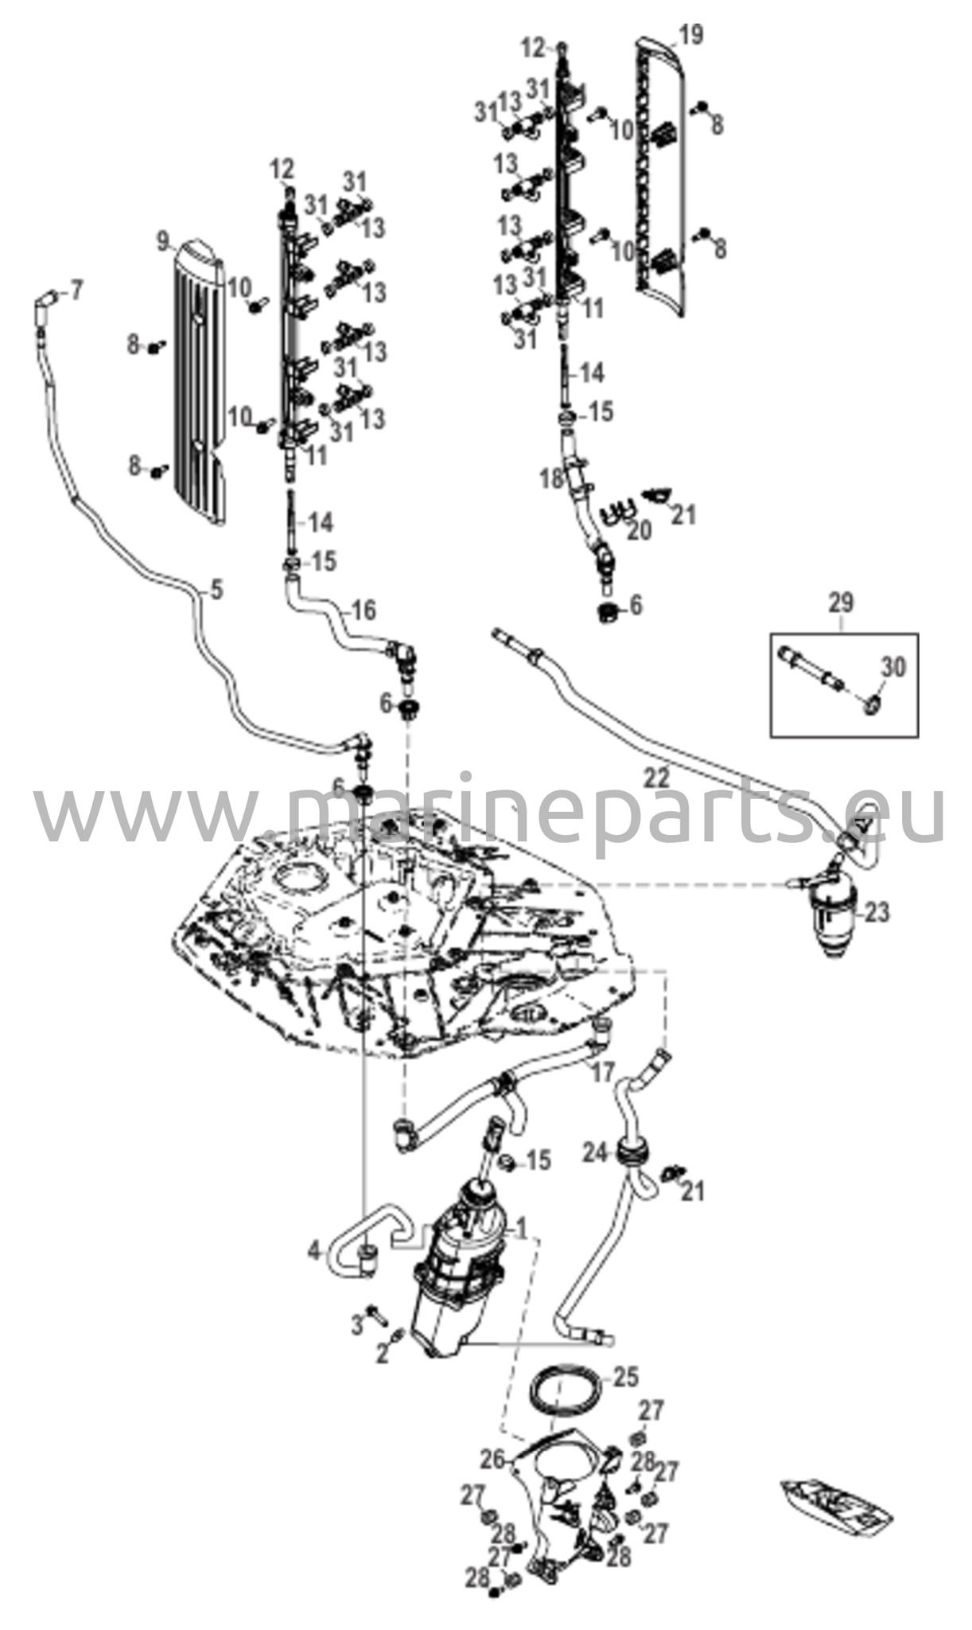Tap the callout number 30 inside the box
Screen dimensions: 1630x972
(x=893, y=667)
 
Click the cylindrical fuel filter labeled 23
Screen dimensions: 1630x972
(x=832, y=921)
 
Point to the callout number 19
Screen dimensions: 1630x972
(x=690, y=36)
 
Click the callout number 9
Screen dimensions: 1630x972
(x=163, y=239)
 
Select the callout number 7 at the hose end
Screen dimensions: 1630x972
(x=76, y=291)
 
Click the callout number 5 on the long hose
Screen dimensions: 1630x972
(x=216, y=590)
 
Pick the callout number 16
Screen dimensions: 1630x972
(x=364, y=610)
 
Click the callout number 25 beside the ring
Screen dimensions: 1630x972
(x=626, y=1375)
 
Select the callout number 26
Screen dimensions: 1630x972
(x=492, y=1459)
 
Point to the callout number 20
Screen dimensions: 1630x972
(x=639, y=529)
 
